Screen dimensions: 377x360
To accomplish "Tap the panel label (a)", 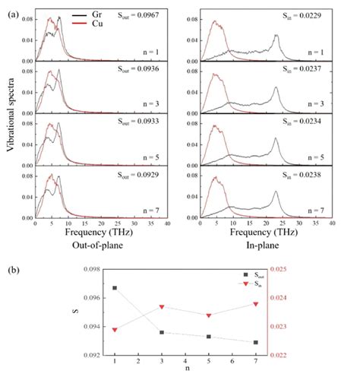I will click(x=9, y=8).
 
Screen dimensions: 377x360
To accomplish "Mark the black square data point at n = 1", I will click(x=94, y=288).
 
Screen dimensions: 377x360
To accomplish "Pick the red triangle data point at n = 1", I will click(x=94, y=330).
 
